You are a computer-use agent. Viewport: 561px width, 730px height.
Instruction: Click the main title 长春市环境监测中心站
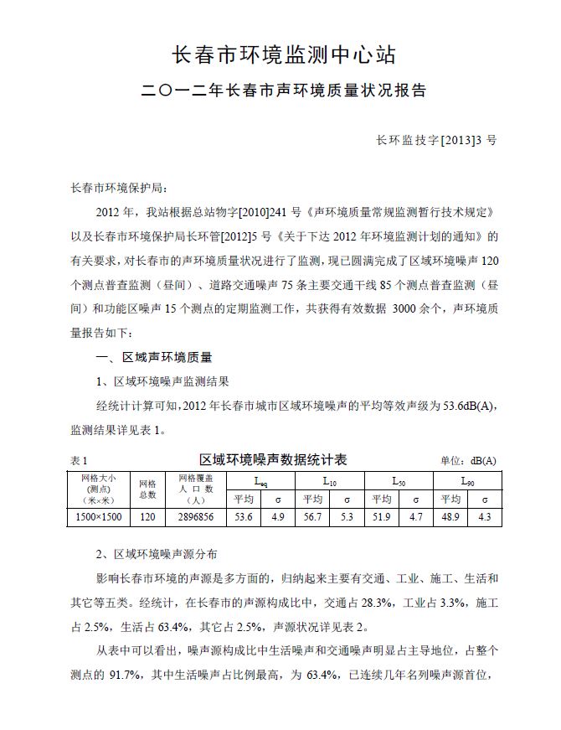pos(283,55)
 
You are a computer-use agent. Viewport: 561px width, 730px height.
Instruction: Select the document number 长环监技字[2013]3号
pos(436,140)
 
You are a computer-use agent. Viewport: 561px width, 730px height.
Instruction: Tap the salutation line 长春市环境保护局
pos(121,188)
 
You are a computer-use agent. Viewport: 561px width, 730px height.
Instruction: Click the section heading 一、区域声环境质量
pos(155,358)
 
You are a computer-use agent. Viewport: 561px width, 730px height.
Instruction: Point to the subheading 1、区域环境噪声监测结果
pos(157,382)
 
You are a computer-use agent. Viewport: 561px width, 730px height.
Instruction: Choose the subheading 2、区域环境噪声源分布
pos(157,555)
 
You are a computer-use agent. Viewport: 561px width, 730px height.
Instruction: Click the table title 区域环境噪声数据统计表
pos(273,460)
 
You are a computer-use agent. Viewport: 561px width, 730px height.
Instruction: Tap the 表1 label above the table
pos(80,461)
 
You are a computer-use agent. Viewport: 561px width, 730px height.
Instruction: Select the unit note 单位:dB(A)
pos(468,461)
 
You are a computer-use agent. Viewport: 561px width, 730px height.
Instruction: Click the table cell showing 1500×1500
pos(99,517)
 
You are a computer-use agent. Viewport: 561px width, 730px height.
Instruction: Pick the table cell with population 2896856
pos(197,517)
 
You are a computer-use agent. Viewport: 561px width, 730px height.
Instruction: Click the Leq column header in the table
pos(260,481)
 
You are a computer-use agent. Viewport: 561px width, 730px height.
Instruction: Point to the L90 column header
pos(467,481)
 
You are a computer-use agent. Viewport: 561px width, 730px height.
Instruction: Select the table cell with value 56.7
pos(312,517)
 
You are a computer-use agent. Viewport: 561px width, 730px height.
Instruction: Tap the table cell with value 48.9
pos(450,517)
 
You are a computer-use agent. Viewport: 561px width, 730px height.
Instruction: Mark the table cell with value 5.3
pos(347,517)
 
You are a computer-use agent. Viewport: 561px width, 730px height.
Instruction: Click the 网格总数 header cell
pos(147,489)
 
